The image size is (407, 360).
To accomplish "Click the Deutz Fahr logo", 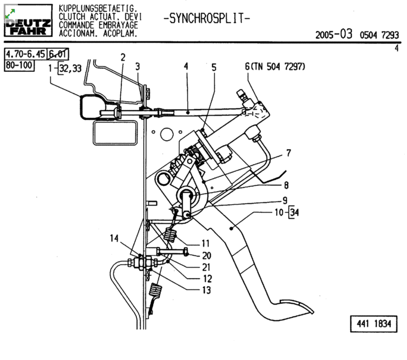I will point(28,22).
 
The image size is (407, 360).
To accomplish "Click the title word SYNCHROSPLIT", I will point(207,18).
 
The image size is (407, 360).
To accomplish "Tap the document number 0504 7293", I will point(379,35).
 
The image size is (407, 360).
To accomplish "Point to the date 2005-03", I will point(334,34).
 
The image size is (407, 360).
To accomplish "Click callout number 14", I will point(114,239).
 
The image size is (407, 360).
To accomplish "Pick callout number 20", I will point(207,255).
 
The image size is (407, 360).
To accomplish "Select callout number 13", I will point(206,289).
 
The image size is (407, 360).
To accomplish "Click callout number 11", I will point(205,243).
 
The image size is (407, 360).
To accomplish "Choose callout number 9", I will point(285,200).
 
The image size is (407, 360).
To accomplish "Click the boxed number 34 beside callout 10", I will point(295,213).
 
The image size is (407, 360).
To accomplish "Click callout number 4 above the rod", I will point(186,66).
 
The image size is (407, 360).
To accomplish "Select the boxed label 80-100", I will point(19,65).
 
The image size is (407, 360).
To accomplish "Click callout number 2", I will point(122,57).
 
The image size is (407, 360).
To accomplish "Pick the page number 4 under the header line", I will point(396,48).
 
